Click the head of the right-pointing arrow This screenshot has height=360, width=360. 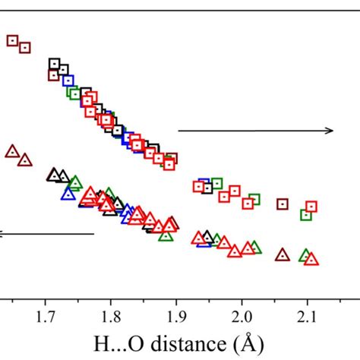(x=330, y=131)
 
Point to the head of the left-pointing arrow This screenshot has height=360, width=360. (x=3, y=234)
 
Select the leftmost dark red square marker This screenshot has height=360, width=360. (x=12, y=41)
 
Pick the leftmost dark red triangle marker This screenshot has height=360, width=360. (x=11, y=151)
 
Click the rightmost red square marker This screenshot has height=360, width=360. (x=311, y=207)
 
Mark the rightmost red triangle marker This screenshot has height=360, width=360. (x=311, y=259)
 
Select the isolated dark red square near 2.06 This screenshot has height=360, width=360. (x=283, y=204)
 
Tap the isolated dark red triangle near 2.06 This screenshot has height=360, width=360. (x=283, y=254)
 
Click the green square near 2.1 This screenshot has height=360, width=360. (x=305, y=215)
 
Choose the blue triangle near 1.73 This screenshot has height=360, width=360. (x=68, y=193)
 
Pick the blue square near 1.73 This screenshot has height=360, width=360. (x=69, y=80)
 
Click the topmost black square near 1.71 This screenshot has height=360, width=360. (x=54, y=64)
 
